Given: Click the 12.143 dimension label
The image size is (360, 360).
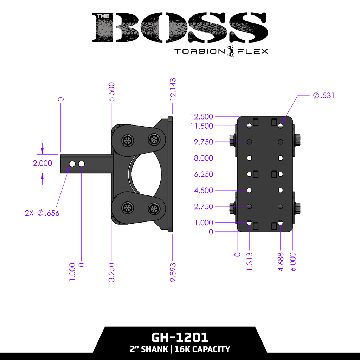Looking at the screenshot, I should tap(172, 90).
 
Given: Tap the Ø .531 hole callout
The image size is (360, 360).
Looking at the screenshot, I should tap(323, 95).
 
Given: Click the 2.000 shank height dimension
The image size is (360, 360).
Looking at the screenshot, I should tap(43, 163).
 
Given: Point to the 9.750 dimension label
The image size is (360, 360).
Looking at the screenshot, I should tap(204, 142).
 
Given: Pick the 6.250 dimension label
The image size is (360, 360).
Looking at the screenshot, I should tap(204, 174).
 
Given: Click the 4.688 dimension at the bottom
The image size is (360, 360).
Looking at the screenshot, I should tap(281, 262).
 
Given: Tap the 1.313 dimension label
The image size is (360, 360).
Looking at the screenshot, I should tap(249, 262).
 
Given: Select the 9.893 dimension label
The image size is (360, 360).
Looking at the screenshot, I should tap(172, 272).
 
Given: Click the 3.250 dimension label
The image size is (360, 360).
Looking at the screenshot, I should tap(111, 272).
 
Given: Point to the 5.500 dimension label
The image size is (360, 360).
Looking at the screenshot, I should tap(111, 91).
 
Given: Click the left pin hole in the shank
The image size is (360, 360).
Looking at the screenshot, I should tap(72, 164).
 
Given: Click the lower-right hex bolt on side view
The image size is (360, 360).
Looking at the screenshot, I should tap(153, 208).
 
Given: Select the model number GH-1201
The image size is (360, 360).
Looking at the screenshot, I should tap(180, 337).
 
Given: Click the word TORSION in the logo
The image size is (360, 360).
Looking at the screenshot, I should tap(200, 52).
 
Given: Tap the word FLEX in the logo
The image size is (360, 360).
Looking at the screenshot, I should tap(253, 52).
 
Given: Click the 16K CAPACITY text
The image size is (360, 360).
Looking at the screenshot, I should tap(202, 349).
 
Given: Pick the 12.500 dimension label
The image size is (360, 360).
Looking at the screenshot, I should tap(202, 117).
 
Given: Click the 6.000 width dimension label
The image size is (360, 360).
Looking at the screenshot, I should tap(293, 262).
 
